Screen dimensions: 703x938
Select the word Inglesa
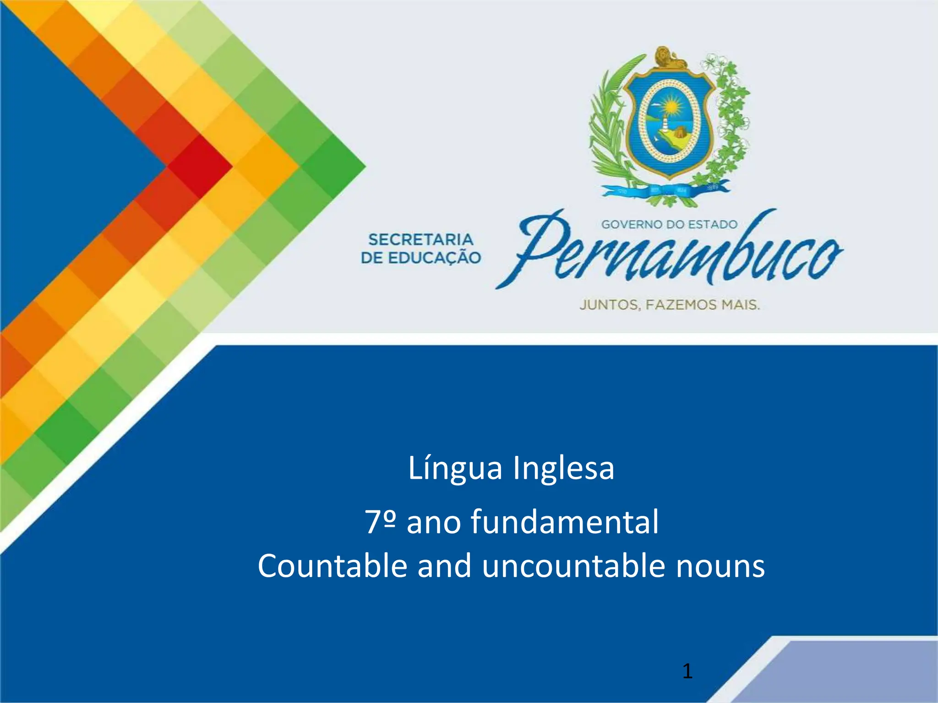click(563, 469)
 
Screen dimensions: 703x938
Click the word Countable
click(332, 566)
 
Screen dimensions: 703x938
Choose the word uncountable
click(573, 566)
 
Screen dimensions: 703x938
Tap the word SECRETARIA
click(420, 239)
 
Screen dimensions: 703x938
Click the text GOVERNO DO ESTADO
click(669, 224)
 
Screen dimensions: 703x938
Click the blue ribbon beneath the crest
click(664, 191)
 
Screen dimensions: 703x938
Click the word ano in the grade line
click(433, 522)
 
